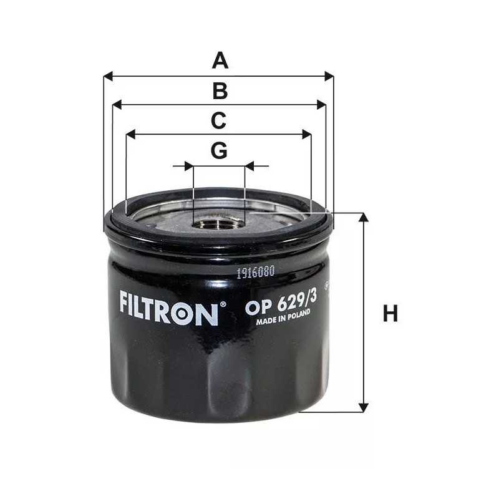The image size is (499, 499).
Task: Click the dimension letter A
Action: click(220, 61)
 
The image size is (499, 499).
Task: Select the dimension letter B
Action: click(220, 91)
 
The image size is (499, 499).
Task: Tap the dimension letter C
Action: click(218, 120)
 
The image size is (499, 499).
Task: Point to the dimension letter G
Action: click(219, 150)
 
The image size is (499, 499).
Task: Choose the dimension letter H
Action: click(390, 314)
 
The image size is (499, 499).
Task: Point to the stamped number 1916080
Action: click(255, 272)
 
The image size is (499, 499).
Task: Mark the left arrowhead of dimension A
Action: click(108, 76)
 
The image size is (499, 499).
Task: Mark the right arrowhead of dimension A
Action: click(329, 76)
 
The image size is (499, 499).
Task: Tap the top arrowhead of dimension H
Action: click(363, 217)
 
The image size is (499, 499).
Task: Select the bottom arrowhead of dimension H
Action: click(363, 407)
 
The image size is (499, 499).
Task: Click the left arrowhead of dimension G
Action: click(189, 166)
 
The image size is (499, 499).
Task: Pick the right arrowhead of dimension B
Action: click(322, 105)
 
